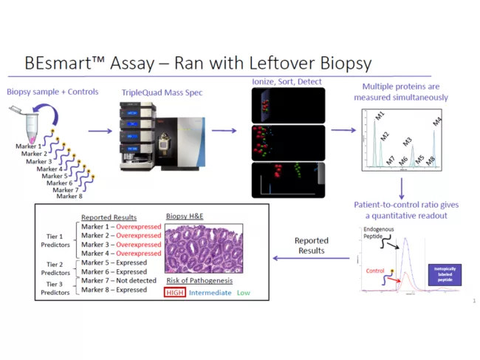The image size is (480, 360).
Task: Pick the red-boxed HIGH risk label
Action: pyautogui.click(x=175, y=293)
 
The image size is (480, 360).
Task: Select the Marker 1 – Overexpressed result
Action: pyautogui.click(x=120, y=226)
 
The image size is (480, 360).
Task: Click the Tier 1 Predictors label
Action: pyautogui.click(x=58, y=240)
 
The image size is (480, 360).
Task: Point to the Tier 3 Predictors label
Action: pyautogui.click(x=58, y=285)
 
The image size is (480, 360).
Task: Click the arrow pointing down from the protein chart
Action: pyautogui.click(x=402, y=187)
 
